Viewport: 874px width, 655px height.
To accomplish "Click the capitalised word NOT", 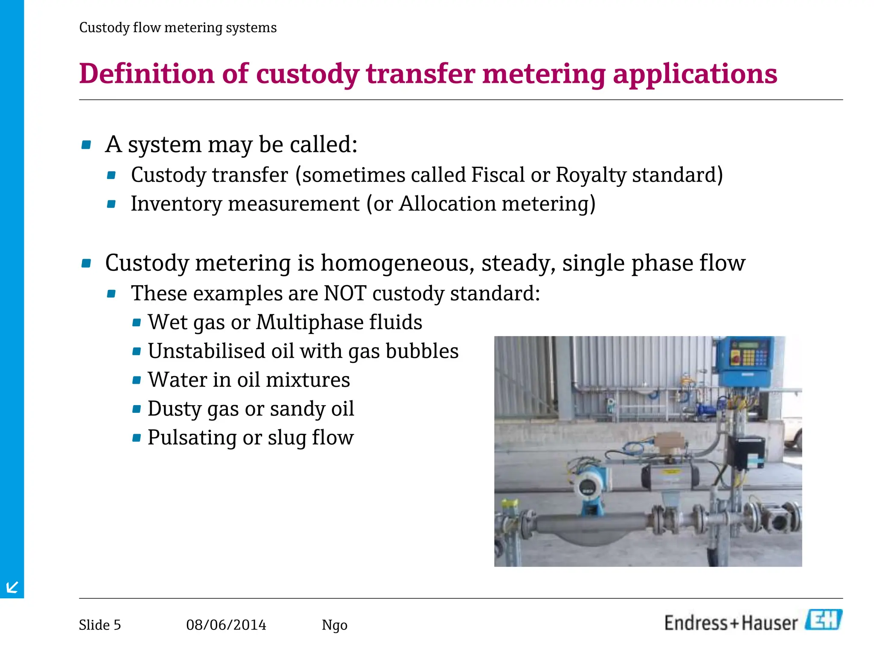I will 345,293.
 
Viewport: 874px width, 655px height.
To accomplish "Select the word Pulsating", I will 192,438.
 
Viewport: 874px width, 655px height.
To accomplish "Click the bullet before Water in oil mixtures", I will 137,380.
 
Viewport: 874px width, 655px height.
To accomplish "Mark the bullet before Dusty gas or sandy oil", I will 137,409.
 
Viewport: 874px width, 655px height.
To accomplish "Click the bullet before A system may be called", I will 86,145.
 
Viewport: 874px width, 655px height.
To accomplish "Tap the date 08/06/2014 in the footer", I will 226,625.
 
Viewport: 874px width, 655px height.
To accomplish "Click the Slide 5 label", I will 100,625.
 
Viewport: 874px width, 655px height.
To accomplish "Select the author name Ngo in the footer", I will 335,625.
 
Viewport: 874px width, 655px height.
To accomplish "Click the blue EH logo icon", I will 824,620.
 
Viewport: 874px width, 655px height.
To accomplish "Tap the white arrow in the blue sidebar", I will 12,587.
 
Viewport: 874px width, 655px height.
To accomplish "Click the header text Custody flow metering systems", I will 178,28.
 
